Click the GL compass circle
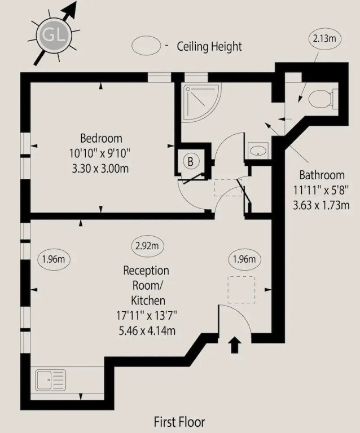coord(54,35)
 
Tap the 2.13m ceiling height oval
coord(324,38)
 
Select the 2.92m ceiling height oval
coord(147,245)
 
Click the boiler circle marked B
coord(190,161)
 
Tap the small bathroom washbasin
coord(258,151)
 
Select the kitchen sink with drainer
coord(51,380)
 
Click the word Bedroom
coord(101,138)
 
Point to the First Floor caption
coord(179,422)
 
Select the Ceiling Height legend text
coord(209,46)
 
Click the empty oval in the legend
coord(147,46)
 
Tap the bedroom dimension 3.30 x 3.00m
coord(100,168)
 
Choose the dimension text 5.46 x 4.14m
coord(147,330)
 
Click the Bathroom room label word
coord(322,175)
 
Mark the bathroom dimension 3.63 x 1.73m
coord(321,205)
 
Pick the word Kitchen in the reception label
coord(148,300)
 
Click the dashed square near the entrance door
coord(241,290)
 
